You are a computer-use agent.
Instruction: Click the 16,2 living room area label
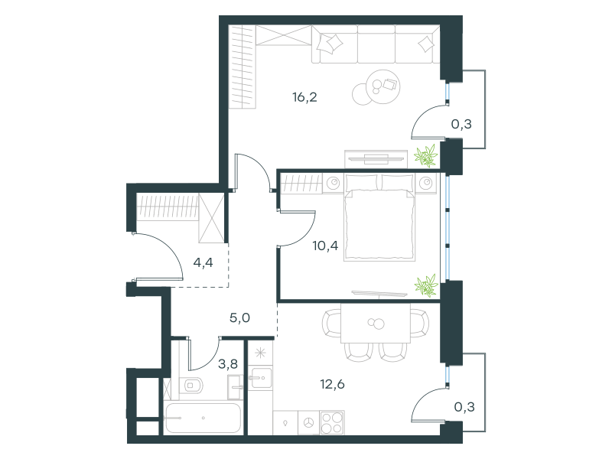(x=304, y=97)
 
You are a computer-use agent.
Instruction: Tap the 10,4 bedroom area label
(x=325, y=246)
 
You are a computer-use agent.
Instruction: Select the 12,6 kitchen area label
(x=333, y=384)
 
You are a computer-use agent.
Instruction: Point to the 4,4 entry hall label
(x=203, y=262)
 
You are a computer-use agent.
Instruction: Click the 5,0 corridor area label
(x=239, y=317)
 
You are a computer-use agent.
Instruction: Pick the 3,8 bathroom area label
(x=227, y=364)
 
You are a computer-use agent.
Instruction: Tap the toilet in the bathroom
(x=191, y=386)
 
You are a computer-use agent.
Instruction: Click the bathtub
(x=203, y=418)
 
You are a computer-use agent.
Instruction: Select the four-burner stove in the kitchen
(x=332, y=423)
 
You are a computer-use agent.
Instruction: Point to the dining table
(x=376, y=323)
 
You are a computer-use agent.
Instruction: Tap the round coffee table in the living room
(x=383, y=87)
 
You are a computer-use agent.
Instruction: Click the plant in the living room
(x=426, y=155)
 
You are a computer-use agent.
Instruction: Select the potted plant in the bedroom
(x=426, y=285)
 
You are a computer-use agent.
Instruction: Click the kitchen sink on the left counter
(x=260, y=378)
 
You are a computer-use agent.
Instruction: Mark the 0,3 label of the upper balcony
(x=461, y=124)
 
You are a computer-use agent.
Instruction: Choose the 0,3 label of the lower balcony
(x=464, y=407)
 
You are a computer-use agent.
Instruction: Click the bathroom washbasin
(x=236, y=387)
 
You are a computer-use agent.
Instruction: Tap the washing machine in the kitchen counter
(x=309, y=423)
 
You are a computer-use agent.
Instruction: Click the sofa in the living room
(x=376, y=44)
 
